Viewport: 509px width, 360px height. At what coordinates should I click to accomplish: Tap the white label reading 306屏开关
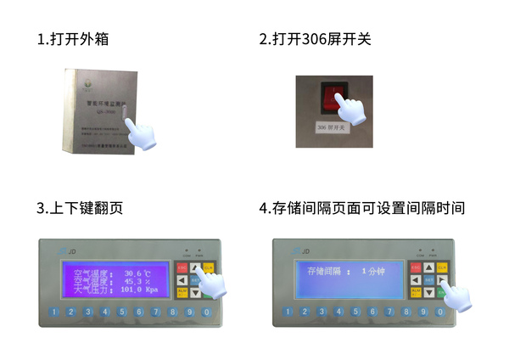point(332,128)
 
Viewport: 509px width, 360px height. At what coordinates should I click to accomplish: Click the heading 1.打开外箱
point(72,40)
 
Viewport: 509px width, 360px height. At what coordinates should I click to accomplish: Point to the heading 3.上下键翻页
point(80,208)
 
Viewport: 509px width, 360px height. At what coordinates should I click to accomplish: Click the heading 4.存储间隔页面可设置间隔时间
point(362,208)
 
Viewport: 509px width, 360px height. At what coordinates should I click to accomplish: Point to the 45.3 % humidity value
point(137,281)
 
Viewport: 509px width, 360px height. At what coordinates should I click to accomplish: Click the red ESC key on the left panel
point(182,267)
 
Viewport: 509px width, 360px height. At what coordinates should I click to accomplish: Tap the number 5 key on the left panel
point(122,312)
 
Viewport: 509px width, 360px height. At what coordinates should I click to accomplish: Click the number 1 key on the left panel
point(54,312)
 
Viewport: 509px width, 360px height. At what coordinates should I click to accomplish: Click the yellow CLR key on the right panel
point(442,267)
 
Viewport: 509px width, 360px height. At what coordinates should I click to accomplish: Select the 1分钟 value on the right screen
point(374,271)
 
